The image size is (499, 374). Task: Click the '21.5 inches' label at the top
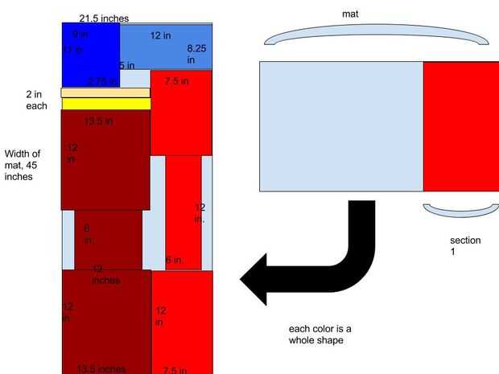[104, 18]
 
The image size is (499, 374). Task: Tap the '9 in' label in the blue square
[80, 35]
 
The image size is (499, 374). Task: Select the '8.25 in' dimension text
[196, 54]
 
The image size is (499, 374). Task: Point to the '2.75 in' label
[101, 81]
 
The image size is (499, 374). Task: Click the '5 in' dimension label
[127, 65]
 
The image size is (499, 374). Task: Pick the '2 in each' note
[36, 100]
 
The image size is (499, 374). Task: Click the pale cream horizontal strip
[105, 92]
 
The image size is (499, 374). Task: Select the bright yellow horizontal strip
[105, 104]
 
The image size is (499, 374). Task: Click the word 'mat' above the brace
[350, 14]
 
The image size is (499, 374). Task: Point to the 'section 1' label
[465, 246]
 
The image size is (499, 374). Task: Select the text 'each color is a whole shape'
[320, 335]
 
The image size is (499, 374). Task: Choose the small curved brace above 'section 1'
[461, 212]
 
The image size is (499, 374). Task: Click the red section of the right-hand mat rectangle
[460, 126]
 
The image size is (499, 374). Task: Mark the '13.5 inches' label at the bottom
[101, 369]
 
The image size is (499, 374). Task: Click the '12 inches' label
[105, 274]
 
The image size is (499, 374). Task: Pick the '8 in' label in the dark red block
[89, 234]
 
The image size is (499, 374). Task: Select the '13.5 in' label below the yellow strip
[98, 121]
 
